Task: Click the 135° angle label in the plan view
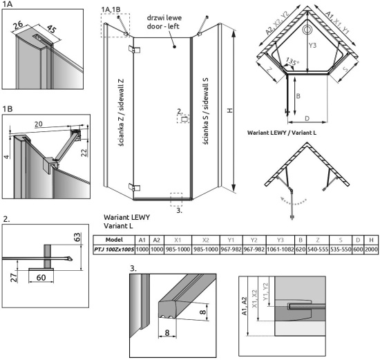(293, 61)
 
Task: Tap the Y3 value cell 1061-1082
(280, 249)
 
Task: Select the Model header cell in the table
(114, 240)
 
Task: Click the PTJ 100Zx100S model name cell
(114, 249)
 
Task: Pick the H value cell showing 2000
(371, 249)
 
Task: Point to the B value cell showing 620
(301, 249)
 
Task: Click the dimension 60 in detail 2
(41, 277)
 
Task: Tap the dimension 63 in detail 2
(77, 237)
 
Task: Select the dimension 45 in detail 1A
(51, 29)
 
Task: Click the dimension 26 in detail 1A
(18, 25)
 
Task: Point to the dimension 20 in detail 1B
(38, 124)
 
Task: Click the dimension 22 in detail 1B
(84, 153)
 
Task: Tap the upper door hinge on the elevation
(134, 49)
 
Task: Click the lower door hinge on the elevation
(134, 187)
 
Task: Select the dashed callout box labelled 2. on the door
(183, 119)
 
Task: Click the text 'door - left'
(163, 26)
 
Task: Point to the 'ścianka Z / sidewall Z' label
(121, 112)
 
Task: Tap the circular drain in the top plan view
(307, 30)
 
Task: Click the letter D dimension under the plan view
(307, 119)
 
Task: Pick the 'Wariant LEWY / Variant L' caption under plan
(282, 133)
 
